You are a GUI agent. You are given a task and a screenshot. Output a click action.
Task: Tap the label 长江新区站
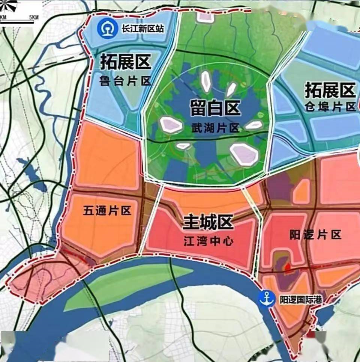[142, 28]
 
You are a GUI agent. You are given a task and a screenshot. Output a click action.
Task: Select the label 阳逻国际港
[301, 300]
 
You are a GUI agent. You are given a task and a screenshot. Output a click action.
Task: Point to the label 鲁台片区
[125, 81]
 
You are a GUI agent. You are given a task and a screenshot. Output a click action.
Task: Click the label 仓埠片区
[330, 107]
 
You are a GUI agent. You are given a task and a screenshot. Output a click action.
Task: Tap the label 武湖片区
[214, 128]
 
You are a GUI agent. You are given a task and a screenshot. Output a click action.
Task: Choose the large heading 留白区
[215, 109]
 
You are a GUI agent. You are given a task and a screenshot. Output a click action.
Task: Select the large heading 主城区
[208, 223]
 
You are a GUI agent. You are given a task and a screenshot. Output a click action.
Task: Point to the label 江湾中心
[208, 241]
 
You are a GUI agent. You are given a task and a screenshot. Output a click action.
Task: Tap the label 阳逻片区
[315, 235]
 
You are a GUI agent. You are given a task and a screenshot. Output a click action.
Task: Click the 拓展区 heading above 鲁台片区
[125, 62]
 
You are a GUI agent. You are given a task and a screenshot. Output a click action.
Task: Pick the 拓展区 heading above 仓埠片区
[330, 90]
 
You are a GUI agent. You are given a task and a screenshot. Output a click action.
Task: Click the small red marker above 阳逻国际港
[288, 267]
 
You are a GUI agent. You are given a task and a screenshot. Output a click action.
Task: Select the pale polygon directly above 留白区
[205, 81]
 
